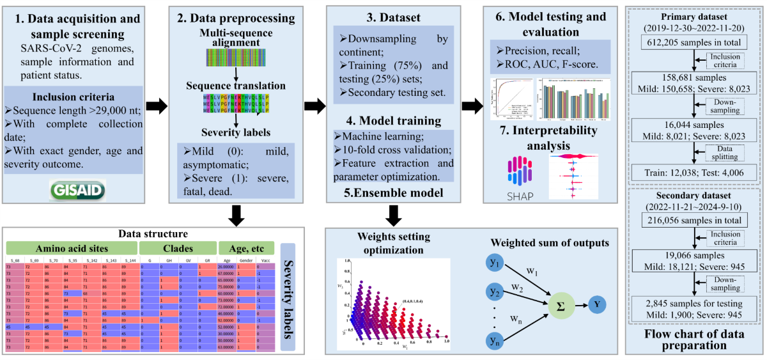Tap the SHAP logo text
pos(515,195)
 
